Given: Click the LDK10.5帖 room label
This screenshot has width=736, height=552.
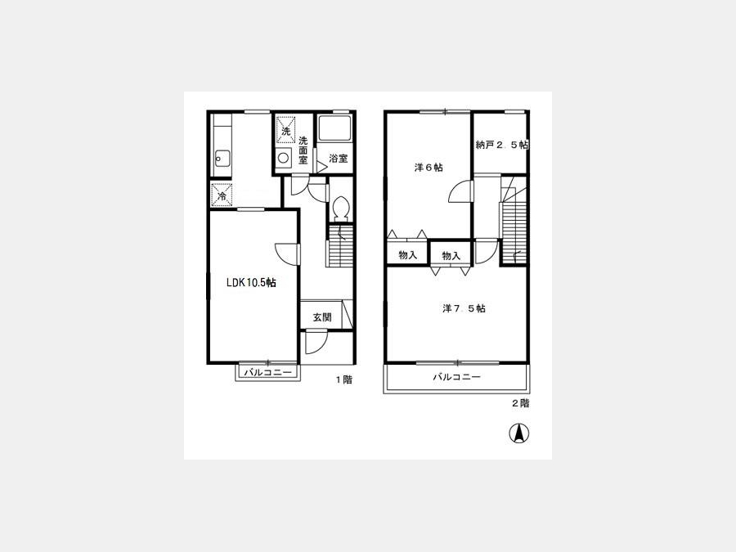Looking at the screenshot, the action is (x=251, y=283).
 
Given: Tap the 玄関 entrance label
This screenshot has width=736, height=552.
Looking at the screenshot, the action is (x=322, y=317).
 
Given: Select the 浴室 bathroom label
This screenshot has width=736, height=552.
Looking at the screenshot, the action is (x=338, y=159).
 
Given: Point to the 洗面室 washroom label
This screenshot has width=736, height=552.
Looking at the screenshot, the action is (x=303, y=150).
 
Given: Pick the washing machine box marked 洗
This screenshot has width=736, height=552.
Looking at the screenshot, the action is (x=285, y=130).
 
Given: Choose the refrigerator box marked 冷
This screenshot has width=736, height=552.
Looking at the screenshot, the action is (x=222, y=195).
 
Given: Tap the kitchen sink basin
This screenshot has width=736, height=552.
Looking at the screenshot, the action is (x=222, y=158).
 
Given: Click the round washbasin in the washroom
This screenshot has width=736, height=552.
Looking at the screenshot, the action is (x=283, y=158).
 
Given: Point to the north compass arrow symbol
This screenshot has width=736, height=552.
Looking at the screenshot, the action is (x=519, y=433).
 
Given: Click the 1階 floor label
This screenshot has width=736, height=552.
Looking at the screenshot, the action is (x=343, y=379).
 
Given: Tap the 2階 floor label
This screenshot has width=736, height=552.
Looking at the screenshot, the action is (x=520, y=403).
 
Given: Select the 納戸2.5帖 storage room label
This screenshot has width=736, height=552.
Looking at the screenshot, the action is (x=502, y=145).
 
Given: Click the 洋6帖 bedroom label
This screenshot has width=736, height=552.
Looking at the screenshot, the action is (x=429, y=168).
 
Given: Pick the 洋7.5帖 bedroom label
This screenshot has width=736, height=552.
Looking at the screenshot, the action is (x=464, y=308).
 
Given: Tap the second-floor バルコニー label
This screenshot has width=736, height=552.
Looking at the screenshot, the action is (x=456, y=377).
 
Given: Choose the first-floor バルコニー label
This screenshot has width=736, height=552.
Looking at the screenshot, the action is (x=268, y=373).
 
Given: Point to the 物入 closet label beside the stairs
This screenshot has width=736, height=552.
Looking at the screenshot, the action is (x=451, y=256).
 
